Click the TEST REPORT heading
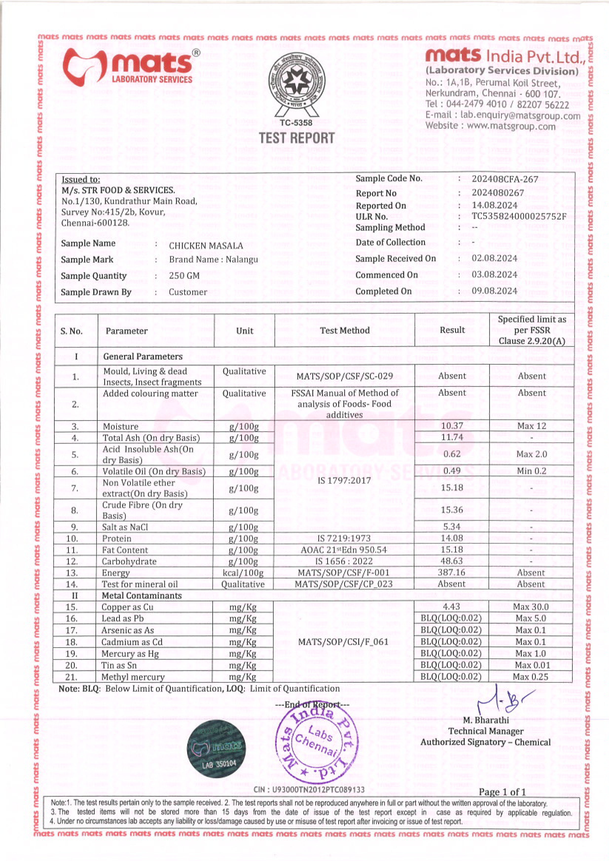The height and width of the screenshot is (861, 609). [x=297, y=138]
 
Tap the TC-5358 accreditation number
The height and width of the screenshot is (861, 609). [x=296, y=123]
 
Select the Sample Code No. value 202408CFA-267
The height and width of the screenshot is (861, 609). [x=505, y=179]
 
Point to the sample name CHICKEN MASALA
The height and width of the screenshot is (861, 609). [x=206, y=246]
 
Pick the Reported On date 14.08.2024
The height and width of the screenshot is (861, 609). [x=494, y=205]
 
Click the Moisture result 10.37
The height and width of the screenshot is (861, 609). [x=452, y=426]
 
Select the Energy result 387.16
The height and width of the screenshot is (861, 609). [x=451, y=572]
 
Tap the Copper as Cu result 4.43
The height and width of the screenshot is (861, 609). [x=451, y=606]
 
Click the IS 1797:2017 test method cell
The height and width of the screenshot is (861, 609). [x=344, y=480]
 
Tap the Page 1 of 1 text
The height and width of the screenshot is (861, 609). [x=502, y=792]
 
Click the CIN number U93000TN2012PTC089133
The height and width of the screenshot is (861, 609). [x=309, y=789]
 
